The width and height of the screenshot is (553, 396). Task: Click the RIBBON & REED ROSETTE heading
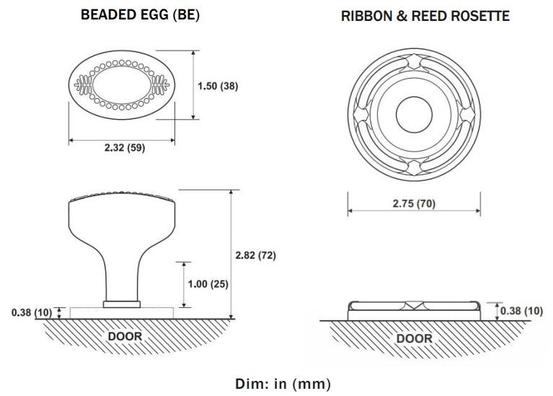pyautogui.click(x=425, y=16)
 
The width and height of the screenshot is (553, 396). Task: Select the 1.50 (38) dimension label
pyautogui.click(x=218, y=86)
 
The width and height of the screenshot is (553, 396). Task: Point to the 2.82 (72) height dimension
pyautogui.click(x=256, y=255)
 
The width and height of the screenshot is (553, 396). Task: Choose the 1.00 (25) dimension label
pyautogui.click(x=208, y=283)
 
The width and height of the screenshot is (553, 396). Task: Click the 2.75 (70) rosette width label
pyautogui.click(x=414, y=203)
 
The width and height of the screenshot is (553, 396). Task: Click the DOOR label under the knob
pyautogui.click(x=125, y=336)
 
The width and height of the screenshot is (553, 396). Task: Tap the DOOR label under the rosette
pyautogui.click(x=415, y=338)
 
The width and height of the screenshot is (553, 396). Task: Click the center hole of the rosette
pyautogui.click(x=414, y=113)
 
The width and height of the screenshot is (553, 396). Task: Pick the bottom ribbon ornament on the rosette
pyautogui.click(x=414, y=167)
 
